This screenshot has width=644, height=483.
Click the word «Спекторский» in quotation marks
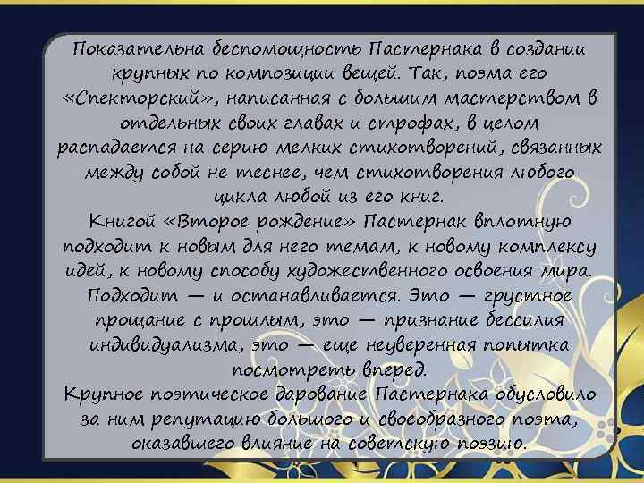[x=123, y=96]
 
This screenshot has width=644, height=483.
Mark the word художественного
[x=378, y=271]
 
